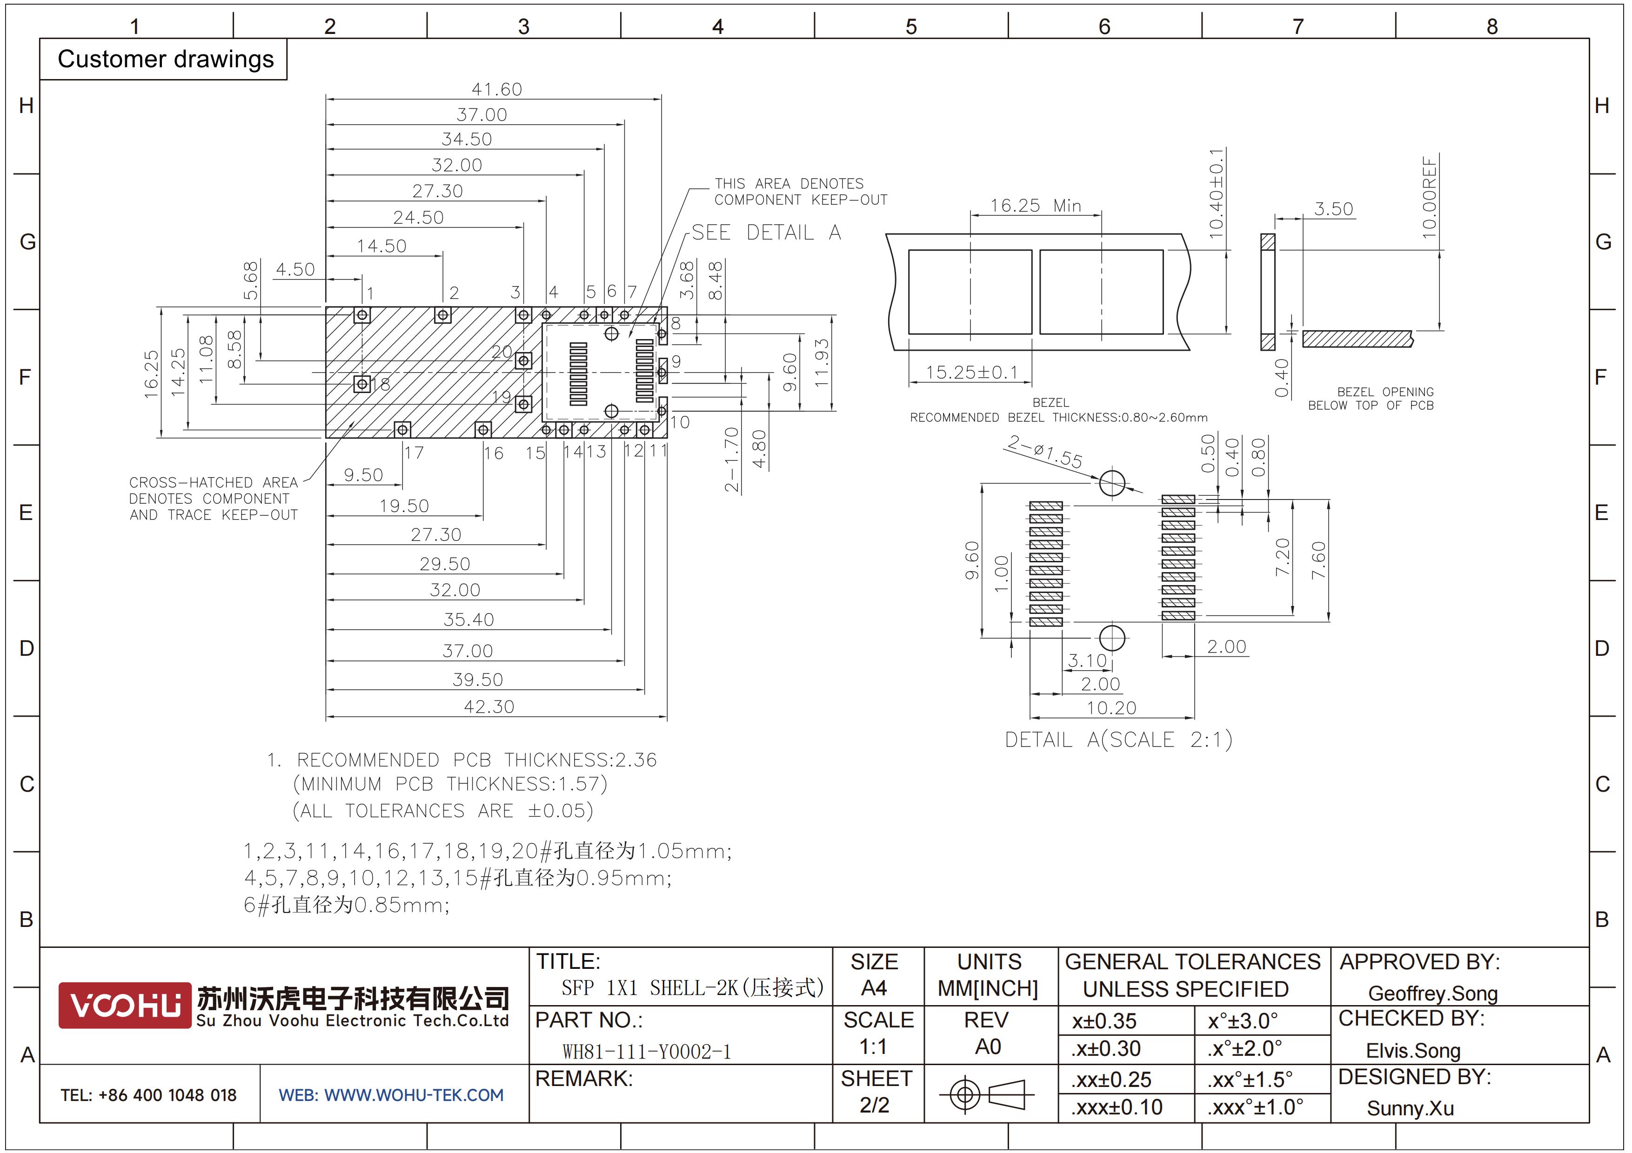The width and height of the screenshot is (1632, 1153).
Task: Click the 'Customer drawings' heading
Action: (x=166, y=59)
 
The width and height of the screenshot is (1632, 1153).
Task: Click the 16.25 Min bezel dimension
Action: (x=1036, y=205)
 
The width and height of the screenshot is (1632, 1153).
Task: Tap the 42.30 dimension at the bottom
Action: (x=489, y=706)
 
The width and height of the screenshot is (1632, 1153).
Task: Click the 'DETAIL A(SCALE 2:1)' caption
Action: (x=1118, y=740)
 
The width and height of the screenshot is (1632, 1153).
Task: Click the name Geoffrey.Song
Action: (x=1432, y=993)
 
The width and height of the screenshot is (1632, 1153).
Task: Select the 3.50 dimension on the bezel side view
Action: (x=1333, y=209)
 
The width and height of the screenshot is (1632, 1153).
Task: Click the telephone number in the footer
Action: (x=148, y=1095)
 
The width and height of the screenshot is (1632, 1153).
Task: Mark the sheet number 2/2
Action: (x=874, y=1105)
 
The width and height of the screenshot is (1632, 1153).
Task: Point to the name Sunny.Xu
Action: (x=1410, y=1108)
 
